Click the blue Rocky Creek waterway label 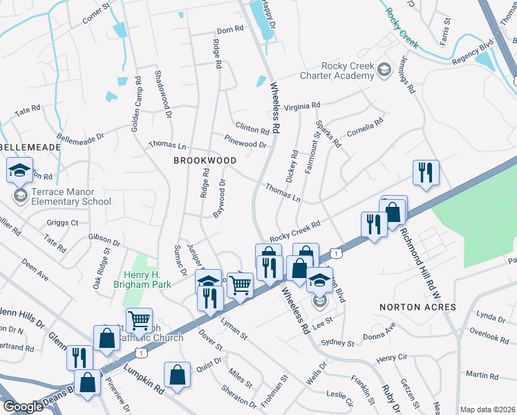click(402, 28)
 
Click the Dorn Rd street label click(230, 30)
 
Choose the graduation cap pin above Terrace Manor click(19, 169)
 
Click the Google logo click(23, 407)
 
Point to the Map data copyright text click(487, 409)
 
